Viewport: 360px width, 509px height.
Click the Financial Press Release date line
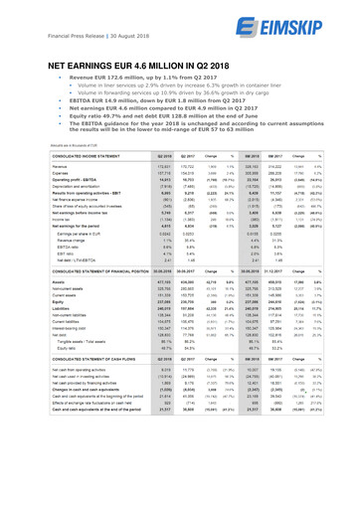tap(72, 23)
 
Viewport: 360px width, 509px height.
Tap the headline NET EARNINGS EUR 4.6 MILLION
tap(150, 62)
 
